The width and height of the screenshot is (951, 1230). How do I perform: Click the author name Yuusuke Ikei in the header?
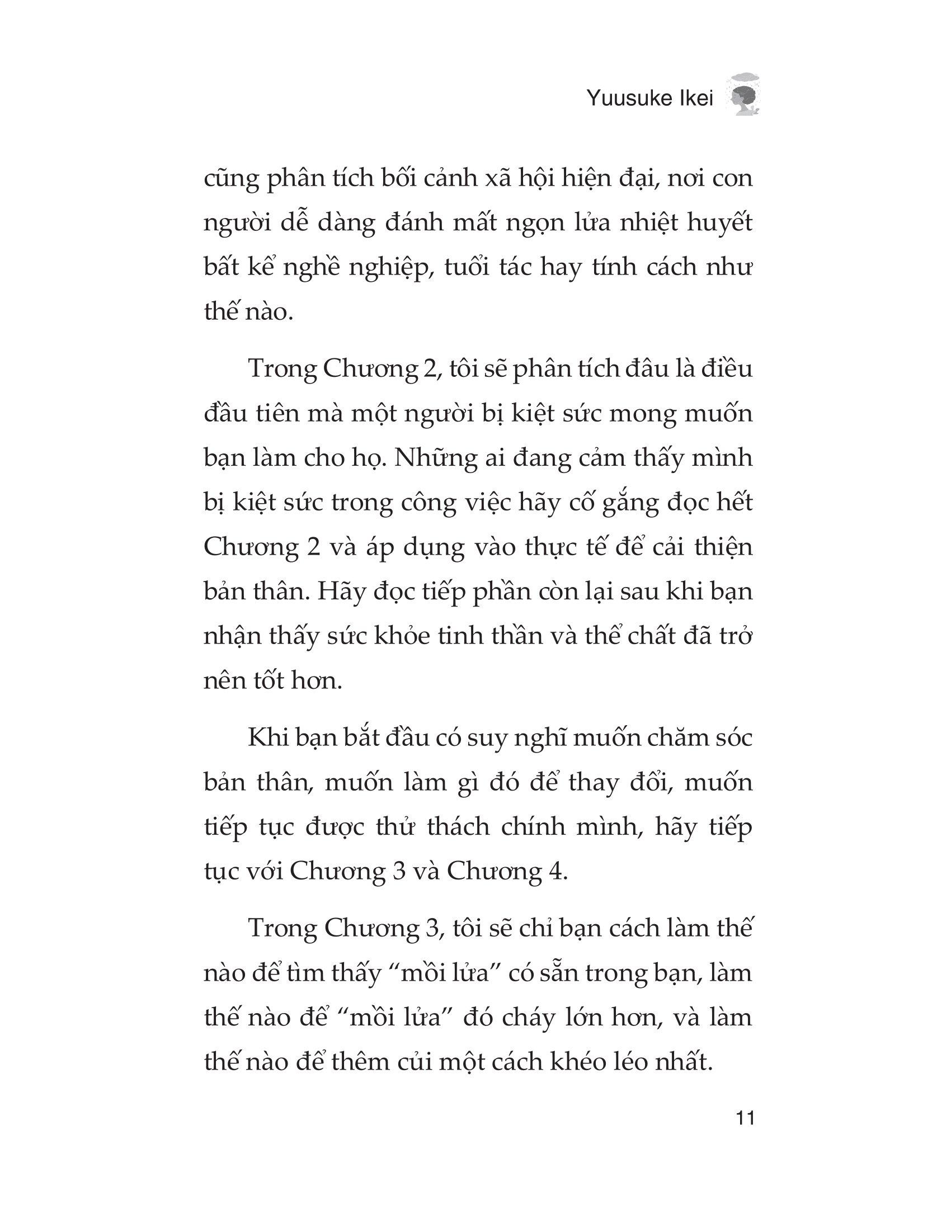pyautogui.click(x=649, y=99)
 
